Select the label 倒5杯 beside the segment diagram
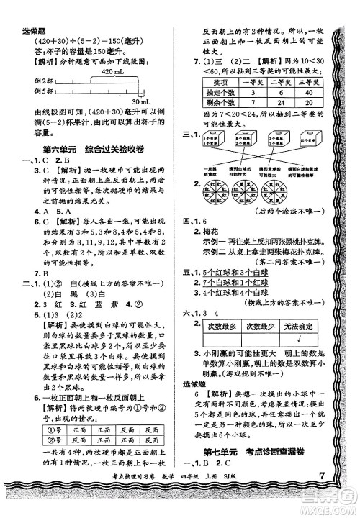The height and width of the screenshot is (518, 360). pyautogui.click(x=32, y=92)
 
